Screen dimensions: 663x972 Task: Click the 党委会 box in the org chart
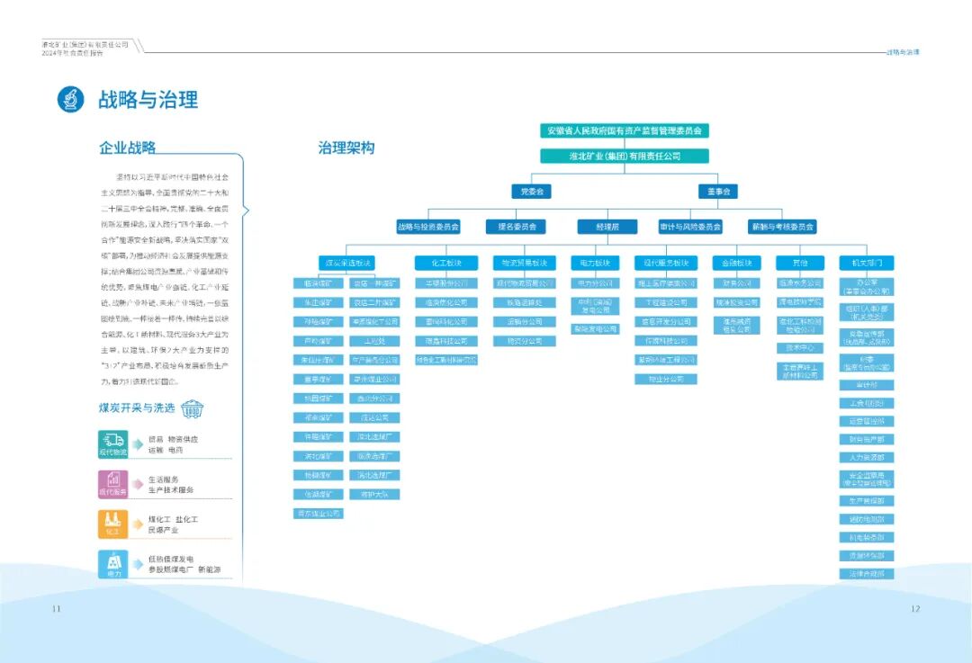pyautogui.click(x=530, y=192)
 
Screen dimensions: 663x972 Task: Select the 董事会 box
pyautogui.click(x=717, y=192)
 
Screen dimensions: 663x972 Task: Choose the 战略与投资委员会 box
pyautogui.click(x=428, y=228)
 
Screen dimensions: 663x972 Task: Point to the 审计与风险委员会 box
pyautogui.click(x=691, y=228)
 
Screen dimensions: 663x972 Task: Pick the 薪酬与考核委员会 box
pyautogui.click(x=781, y=228)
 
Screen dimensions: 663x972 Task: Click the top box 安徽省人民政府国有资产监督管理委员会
pyautogui.click(x=625, y=130)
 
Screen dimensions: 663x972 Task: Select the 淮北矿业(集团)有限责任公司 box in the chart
pyautogui.click(x=625, y=156)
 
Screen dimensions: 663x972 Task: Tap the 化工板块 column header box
pyautogui.click(x=446, y=264)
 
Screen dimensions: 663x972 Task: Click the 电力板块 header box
pyautogui.click(x=595, y=264)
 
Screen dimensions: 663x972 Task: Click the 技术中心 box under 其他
pyautogui.click(x=800, y=347)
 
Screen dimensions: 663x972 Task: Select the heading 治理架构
pyautogui.click(x=346, y=148)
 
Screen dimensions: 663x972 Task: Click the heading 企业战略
pyautogui.click(x=127, y=148)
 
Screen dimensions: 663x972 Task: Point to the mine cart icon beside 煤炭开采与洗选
pyautogui.click(x=192, y=409)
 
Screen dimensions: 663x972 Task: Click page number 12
pyautogui.click(x=915, y=609)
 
